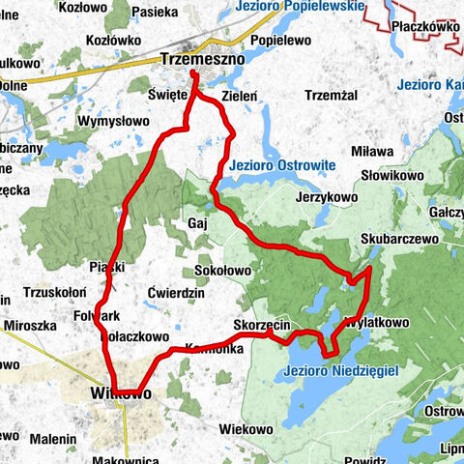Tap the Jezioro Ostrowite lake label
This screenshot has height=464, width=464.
pyautogui.click(x=281, y=164)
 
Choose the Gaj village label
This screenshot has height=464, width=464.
pyautogui.click(x=197, y=223)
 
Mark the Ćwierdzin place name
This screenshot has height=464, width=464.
pyautogui.click(x=177, y=293)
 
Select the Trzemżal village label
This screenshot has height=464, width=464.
pyautogui.click(x=332, y=95)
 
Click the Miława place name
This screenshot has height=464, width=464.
pyautogui.click(x=372, y=152)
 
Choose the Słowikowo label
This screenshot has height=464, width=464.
pyautogui.click(x=387, y=174)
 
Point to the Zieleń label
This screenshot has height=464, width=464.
pyautogui.click(x=239, y=97)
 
